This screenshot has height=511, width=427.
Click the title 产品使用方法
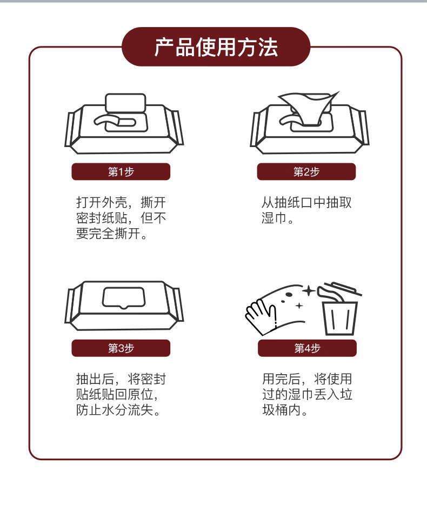tap(216, 47)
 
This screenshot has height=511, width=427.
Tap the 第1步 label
tap(121, 172)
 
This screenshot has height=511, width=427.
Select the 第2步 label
tap(306, 172)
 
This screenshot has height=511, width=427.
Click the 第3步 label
tap(121, 348)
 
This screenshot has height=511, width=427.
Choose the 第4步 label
tap(307, 348)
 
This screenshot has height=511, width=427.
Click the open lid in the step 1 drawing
tap(125, 103)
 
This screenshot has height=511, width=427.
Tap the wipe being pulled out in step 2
tap(309, 107)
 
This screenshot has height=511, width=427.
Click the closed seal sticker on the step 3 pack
tap(123, 297)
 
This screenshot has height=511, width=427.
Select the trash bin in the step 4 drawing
tap(339, 318)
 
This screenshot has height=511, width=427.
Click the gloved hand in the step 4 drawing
tap(261, 317)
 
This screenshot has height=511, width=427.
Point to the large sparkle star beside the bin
tap(309, 291)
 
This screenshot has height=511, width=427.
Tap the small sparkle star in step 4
tap(299, 306)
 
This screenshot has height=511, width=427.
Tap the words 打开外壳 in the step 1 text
tap(101, 202)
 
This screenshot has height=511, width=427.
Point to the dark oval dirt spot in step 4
tap(289, 295)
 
